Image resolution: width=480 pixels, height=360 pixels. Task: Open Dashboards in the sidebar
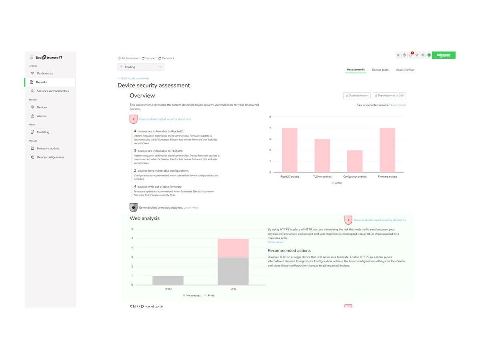coord(44,74)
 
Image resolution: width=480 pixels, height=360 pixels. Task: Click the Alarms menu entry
coord(41,116)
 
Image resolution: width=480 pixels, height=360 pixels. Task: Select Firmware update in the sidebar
coord(48,148)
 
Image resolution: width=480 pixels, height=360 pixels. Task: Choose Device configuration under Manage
coord(50,157)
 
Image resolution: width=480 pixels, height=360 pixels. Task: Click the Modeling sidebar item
coord(43,132)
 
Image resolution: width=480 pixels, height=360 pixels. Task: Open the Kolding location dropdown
coord(141,67)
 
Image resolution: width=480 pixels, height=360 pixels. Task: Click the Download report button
coord(357,96)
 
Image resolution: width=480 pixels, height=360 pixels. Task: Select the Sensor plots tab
coord(380,70)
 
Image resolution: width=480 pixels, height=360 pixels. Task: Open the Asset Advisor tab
coord(405,70)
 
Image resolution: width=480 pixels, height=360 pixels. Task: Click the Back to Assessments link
coord(135,78)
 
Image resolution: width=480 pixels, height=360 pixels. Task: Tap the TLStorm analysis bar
coord(322,156)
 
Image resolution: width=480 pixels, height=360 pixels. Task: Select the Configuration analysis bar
coord(355,161)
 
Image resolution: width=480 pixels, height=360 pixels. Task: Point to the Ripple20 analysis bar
coord(290,150)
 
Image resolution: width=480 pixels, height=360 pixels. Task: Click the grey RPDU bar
coord(168,280)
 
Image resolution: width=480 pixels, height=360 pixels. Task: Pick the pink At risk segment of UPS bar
coord(233,248)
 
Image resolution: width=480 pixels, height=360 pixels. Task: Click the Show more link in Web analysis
coord(276,242)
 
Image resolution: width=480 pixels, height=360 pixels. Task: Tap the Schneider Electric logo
coord(444,55)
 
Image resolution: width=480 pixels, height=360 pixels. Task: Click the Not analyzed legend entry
coord(192,295)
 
